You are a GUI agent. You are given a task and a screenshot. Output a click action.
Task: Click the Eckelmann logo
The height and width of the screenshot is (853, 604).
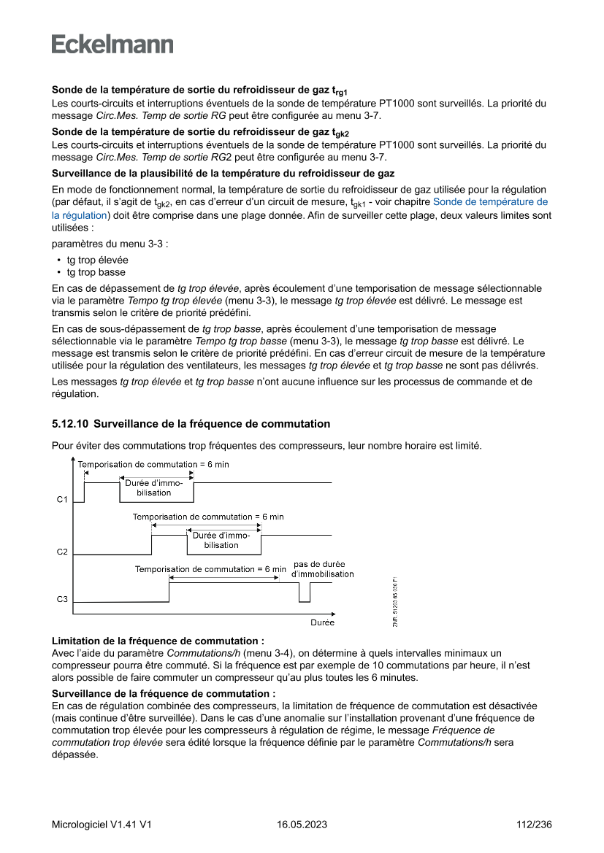pyautogui.click(x=112, y=45)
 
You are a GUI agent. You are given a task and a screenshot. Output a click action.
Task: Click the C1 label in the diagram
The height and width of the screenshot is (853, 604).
pyautogui.click(x=62, y=500)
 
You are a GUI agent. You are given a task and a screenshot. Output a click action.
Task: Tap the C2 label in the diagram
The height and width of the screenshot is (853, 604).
pyautogui.click(x=62, y=552)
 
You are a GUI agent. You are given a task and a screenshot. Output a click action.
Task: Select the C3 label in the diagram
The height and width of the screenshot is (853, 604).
pyautogui.click(x=62, y=600)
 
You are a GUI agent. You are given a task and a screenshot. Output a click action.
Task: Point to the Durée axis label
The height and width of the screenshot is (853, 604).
pyautogui.click(x=322, y=622)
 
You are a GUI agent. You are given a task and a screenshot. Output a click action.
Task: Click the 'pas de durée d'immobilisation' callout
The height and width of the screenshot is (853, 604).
pyautogui.click(x=322, y=569)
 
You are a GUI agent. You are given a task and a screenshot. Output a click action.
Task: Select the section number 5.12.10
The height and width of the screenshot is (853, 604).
pyautogui.click(x=70, y=424)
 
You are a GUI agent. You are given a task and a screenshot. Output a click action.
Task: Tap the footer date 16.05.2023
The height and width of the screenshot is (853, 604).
pyautogui.click(x=302, y=825)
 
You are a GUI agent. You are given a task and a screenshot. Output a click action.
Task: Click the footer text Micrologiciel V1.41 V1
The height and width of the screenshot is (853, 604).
pyautogui.click(x=102, y=825)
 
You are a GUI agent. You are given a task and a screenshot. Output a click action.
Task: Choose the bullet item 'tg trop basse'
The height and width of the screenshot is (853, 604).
pyautogui.click(x=96, y=272)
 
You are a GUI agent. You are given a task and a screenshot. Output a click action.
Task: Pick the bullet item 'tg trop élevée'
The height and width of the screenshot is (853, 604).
pyautogui.click(x=97, y=260)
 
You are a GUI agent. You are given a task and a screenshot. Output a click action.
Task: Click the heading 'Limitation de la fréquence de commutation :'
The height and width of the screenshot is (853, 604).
pyautogui.click(x=158, y=640)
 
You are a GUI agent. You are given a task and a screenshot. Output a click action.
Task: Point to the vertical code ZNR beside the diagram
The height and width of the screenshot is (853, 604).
pyautogui.click(x=395, y=603)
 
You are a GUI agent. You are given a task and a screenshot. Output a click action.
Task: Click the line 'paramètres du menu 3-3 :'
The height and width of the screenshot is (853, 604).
pyautogui.click(x=110, y=243)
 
